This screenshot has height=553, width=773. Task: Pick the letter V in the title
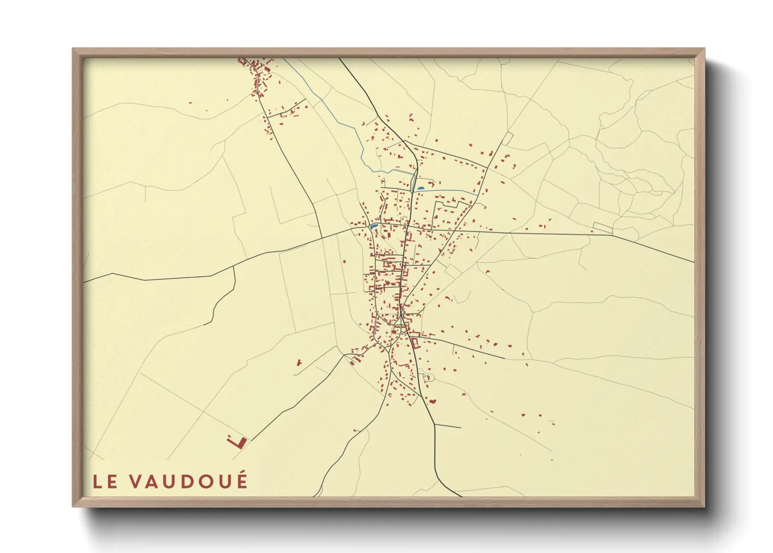pos(134,482)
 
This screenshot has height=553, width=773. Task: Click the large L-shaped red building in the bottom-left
pos(238,442)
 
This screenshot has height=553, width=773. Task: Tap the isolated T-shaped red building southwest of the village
pos(299,362)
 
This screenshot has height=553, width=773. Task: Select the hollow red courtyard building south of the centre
pos(416,343)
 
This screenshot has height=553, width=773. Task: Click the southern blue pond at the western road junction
pos(373,227)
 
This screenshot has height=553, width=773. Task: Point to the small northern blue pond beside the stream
pos(421,188)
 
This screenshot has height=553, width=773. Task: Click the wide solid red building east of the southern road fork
pos(432,401)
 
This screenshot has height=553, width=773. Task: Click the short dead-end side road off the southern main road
pos(448,427)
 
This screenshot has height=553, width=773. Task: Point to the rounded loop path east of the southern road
pos(429,377)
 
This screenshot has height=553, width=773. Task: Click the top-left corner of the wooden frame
pos(73,49)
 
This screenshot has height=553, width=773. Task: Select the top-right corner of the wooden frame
pos(704,49)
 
